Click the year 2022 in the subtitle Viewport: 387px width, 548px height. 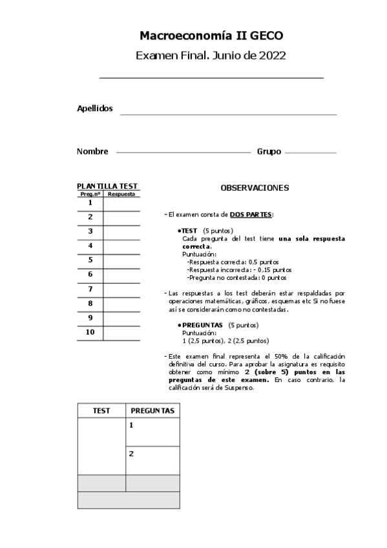pyautogui.click(x=272, y=56)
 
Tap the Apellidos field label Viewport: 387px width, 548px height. pyautogui.click(x=95, y=109)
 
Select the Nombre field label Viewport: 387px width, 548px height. pyautogui.click(x=92, y=151)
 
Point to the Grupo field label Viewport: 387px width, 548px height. pyautogui.click(x=269, y=151)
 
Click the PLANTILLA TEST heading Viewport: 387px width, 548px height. pyautogui.click(x=107, y=186)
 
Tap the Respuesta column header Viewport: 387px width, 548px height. pyautogui.click(x=121, y=194)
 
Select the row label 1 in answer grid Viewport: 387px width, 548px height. pyautogui.click(x=90, y=203)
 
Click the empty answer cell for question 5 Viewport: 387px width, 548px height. pyautogui.click(x=121, y=260)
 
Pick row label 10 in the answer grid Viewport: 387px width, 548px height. pyautogui.click(x=90, y=332)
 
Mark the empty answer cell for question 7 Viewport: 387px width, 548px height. pyautogui.click(x=121, y=290)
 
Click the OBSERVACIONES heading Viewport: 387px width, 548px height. pyautogui.click(x=255, y=188)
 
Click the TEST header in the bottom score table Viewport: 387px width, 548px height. pyautogui.click(x=101, y=410)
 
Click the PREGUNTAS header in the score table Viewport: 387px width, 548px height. pyautogui.click(x=152, y=410)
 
